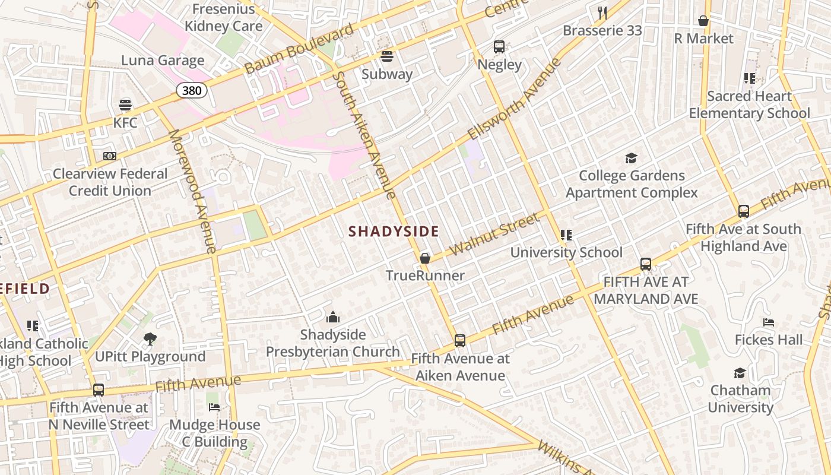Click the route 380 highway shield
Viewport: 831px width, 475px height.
point(192,90)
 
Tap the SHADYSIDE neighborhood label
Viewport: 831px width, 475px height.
point(394,232)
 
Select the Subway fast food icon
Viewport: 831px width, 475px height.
point(387,56)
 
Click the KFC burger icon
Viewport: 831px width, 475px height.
point(125,105)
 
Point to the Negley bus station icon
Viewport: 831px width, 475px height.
point(499,47)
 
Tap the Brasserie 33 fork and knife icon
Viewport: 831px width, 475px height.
point(602,12)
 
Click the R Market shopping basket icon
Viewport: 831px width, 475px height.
point(703,21)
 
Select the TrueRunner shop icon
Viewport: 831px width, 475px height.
point(425,258)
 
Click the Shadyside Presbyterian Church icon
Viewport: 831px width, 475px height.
point(333,317)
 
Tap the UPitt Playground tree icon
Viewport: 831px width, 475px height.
point(150,339)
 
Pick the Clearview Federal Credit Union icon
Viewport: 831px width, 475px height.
point(110,156)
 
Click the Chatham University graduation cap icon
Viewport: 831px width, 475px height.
point(740,373)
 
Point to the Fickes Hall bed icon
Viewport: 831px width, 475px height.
point(769,322)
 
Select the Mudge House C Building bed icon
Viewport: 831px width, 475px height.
point(214,407)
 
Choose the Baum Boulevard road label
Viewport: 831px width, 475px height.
point(299,49)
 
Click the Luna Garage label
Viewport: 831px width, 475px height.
point(163,61)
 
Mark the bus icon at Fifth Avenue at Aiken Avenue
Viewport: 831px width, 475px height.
point(460,341)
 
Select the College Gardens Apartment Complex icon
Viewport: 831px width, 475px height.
point(631,158)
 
